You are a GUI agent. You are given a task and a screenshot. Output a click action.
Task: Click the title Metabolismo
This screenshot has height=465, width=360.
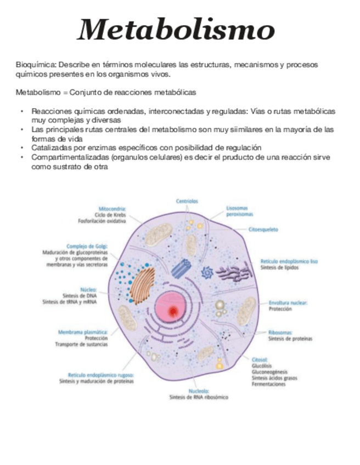tap(176, 30)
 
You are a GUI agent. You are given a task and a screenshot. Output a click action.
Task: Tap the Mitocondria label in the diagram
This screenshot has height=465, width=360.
tap(113, 209)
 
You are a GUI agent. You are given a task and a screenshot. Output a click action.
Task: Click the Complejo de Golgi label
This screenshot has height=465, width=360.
tap(87, 246)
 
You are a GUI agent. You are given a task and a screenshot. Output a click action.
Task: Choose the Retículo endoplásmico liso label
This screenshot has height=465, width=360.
tap(289, 262)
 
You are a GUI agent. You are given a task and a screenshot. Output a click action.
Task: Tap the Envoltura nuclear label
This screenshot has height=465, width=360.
tap(288, 302)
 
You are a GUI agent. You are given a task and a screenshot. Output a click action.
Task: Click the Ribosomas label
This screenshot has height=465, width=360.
tap(280, 332)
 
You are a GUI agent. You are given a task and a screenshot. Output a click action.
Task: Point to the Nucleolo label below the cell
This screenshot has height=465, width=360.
tap(198, 391)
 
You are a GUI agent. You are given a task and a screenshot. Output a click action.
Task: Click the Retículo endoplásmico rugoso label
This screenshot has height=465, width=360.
tap(100, 375)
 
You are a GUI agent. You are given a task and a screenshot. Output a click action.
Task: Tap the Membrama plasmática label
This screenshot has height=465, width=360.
tap(82, 332)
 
